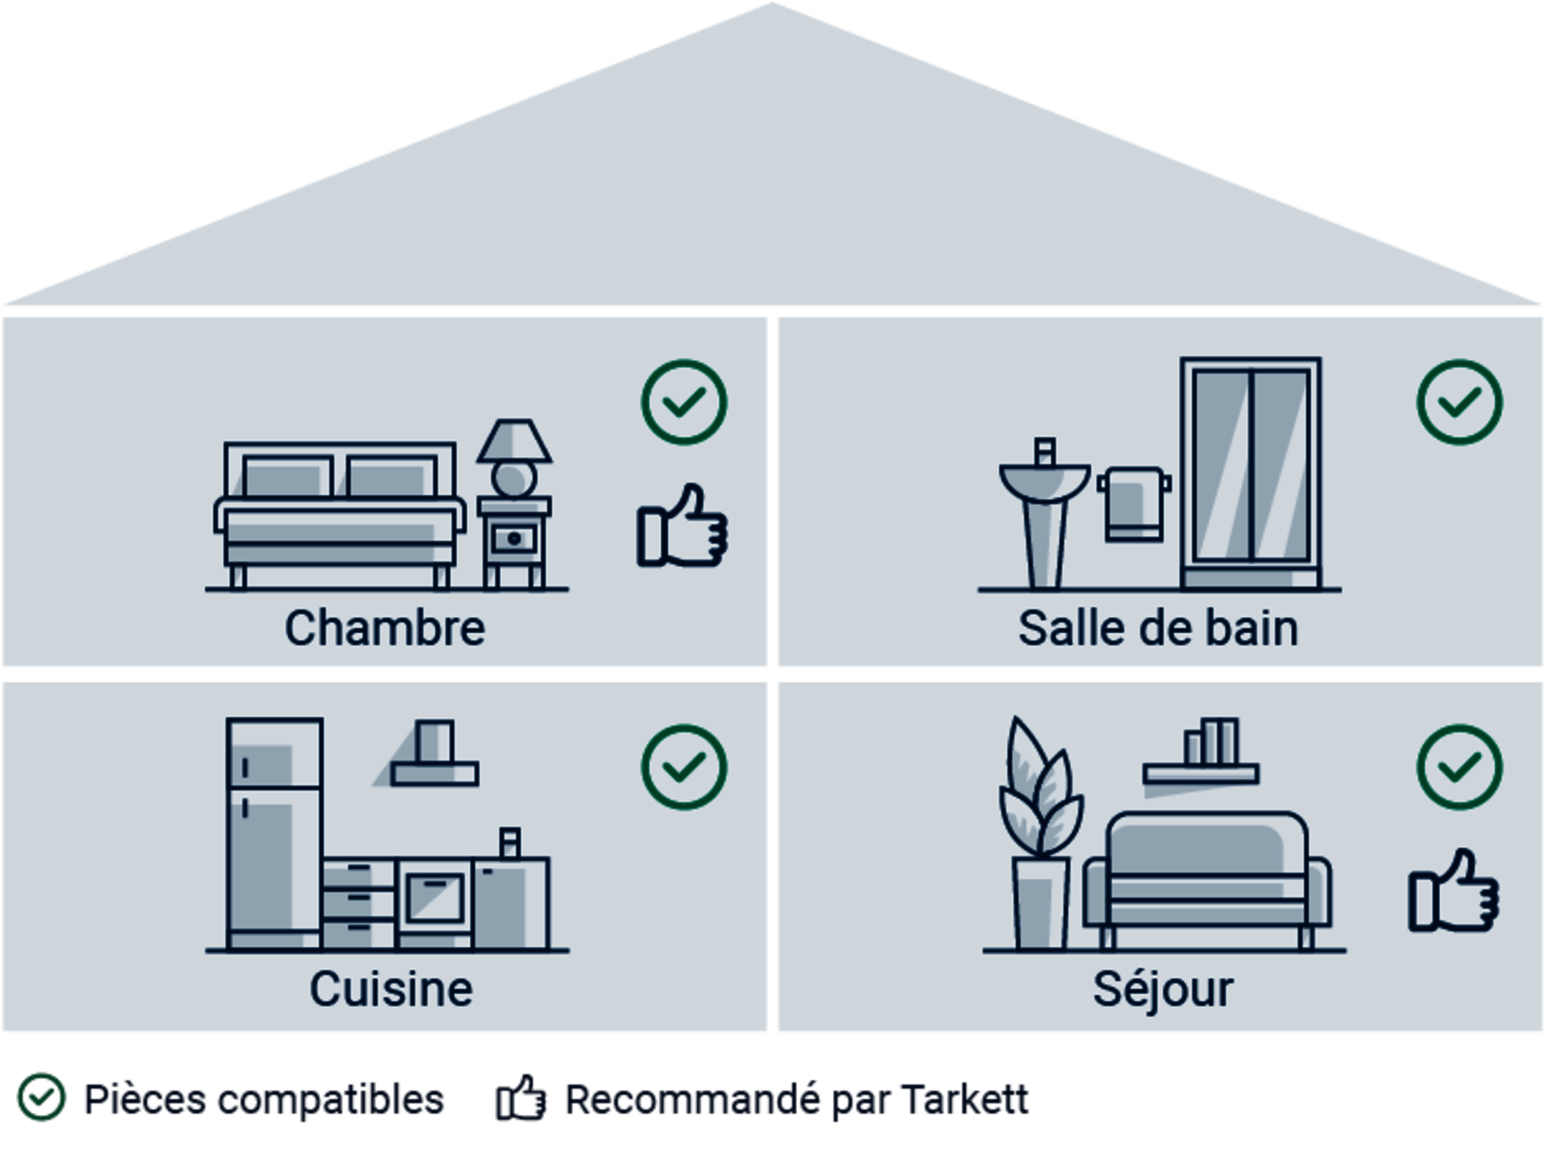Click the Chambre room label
pyautogui.click(x=385, y=628)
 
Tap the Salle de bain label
pyautogui.click(x=1158, y=628)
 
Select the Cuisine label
pyautogui.click(x=391, y=989)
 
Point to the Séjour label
pyautogui.click(x=1163, y=989)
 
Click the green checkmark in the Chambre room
pyautogui.click(x=684, y=402)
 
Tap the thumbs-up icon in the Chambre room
pyautogui.click(x=682, y=527)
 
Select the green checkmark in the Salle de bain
pyautogui.click(x=1459, y=402)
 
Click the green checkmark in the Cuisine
pyautogui.click(x=684, y=767)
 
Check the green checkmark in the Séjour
pyautogui.click(x=1459, y=767)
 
